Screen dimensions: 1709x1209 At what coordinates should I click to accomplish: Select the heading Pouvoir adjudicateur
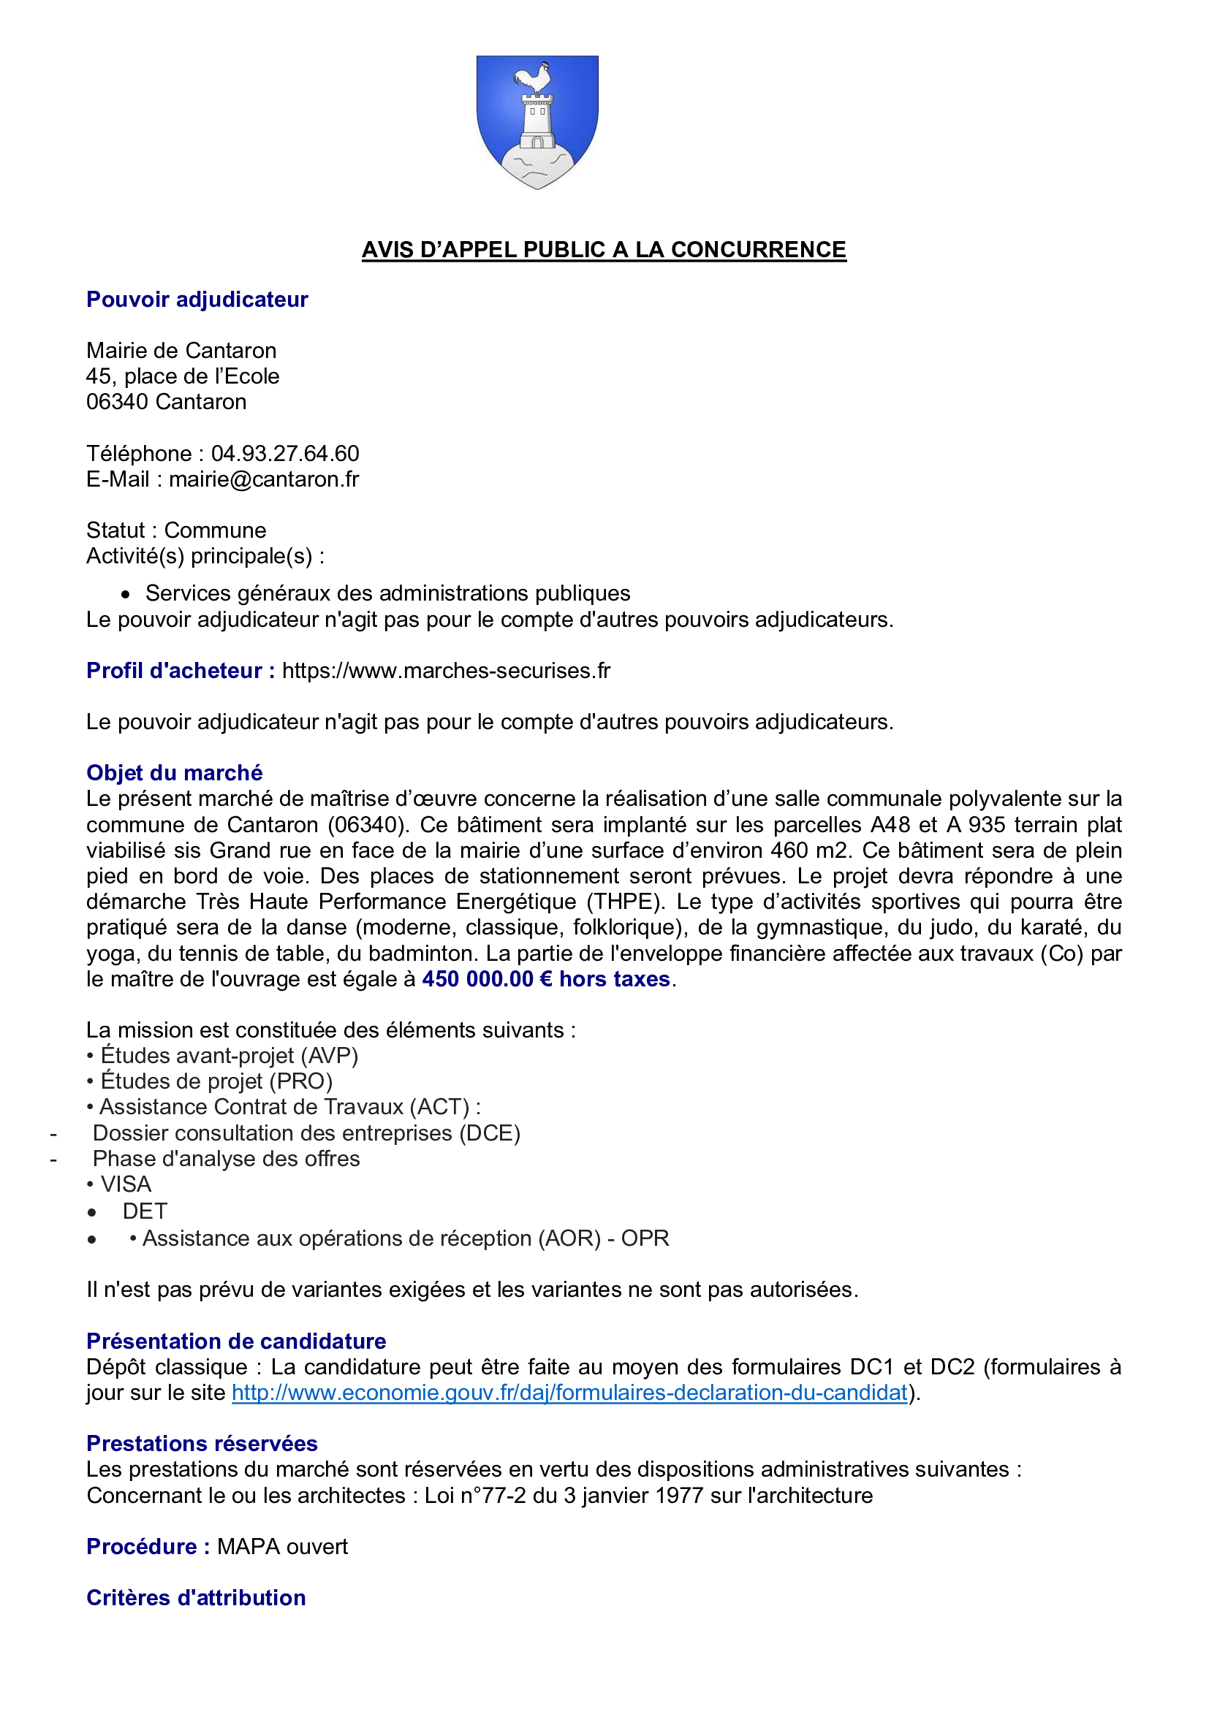pos(197,300)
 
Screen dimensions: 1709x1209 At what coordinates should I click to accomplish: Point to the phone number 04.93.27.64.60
pos(285,453)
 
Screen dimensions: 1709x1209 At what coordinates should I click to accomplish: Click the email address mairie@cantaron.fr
pos(264,479)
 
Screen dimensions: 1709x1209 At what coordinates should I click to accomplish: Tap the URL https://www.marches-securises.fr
pos(446,671)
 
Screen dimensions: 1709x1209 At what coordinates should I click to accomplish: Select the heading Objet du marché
pos(174,772)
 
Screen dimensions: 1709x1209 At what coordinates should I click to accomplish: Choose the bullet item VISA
pos(126,1184)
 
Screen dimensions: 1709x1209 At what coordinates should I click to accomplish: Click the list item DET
pos(145,1211)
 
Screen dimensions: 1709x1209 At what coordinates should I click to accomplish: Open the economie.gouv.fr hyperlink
pos(569,1393)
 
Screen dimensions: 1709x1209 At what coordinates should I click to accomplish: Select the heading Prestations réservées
pos(202,1443)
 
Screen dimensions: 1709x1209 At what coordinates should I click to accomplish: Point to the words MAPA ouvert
pos(282,1547)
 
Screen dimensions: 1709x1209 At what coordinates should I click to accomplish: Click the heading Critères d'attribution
pos(196,1597)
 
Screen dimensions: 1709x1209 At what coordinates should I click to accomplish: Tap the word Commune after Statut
pos(215,530)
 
